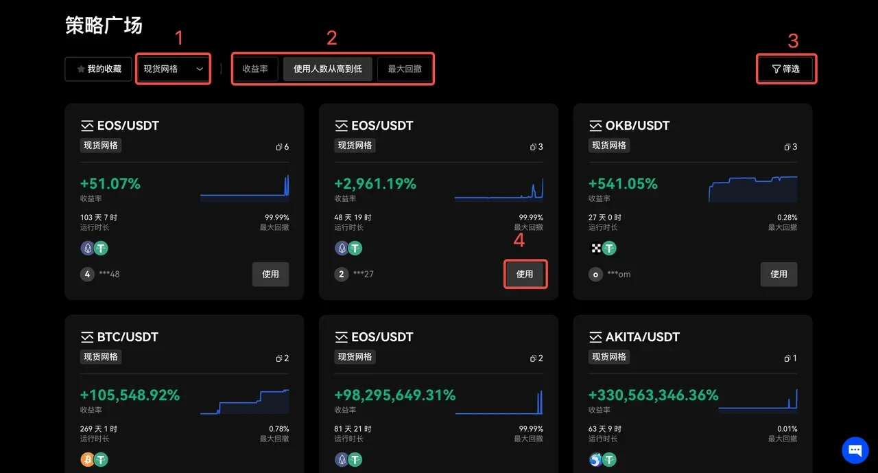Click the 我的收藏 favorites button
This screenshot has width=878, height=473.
98,69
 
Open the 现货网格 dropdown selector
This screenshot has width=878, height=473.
173,69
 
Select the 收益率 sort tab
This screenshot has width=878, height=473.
255,69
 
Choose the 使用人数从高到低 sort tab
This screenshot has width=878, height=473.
327,69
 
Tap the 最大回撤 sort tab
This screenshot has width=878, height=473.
405,69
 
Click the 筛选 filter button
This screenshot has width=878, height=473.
786,69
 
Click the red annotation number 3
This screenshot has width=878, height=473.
793,41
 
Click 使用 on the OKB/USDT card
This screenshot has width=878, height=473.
779,274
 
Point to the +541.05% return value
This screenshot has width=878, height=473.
623,184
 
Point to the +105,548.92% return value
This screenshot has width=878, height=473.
130,395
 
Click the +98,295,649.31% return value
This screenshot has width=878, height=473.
394,395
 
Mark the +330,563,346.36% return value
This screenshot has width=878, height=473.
653,395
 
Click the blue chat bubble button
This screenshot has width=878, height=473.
855,450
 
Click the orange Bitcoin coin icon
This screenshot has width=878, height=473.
87,459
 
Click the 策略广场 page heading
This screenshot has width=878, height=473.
104,25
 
